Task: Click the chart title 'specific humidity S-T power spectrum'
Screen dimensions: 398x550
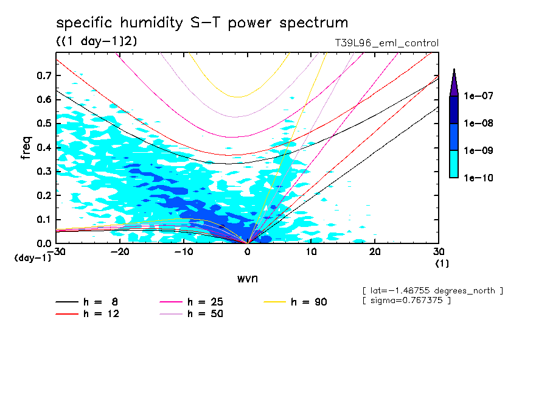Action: pos(202,23)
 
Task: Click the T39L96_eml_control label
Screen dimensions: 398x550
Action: pos(383,43)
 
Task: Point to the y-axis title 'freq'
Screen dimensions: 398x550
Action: pos(26,148)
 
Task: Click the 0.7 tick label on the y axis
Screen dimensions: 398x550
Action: pos(43,75)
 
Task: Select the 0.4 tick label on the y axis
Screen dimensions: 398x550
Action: pos(43,148)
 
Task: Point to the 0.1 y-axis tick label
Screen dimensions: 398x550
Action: pos(43,220)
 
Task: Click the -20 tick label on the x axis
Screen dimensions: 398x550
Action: pos(120,252)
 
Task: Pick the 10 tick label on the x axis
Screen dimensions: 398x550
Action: pos(311,252)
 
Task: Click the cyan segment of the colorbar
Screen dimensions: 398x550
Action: pos(454,164)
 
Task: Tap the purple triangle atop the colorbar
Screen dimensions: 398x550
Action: pos(454,82)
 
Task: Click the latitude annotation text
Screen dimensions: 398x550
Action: pos(432,290)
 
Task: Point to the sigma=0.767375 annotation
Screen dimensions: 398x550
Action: pos(406,301)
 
